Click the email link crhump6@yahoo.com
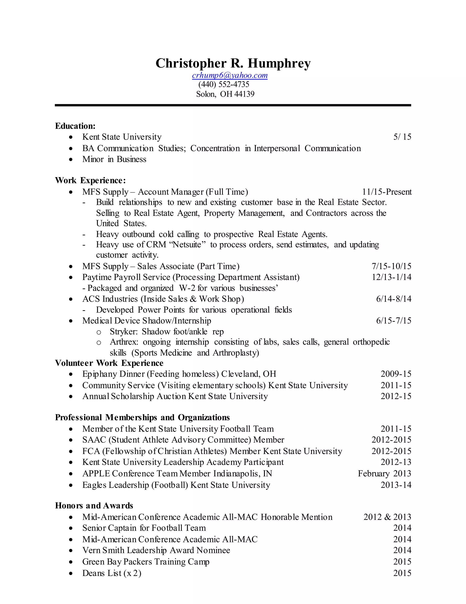click(230, 75)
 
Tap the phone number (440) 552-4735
click(224, 84)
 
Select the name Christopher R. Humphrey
click(233, 63)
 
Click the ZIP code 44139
click(244, 94)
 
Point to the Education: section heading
click(75, 126)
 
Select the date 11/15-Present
click(387, 192)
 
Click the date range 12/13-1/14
click(391, 277)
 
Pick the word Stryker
click(123, 331)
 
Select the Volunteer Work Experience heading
click(109, 363)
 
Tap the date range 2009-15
click(396, 374)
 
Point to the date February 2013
click(384, 473)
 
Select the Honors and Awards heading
click(94, 506)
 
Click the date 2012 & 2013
click(387, 517)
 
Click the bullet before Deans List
click(71, 573)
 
